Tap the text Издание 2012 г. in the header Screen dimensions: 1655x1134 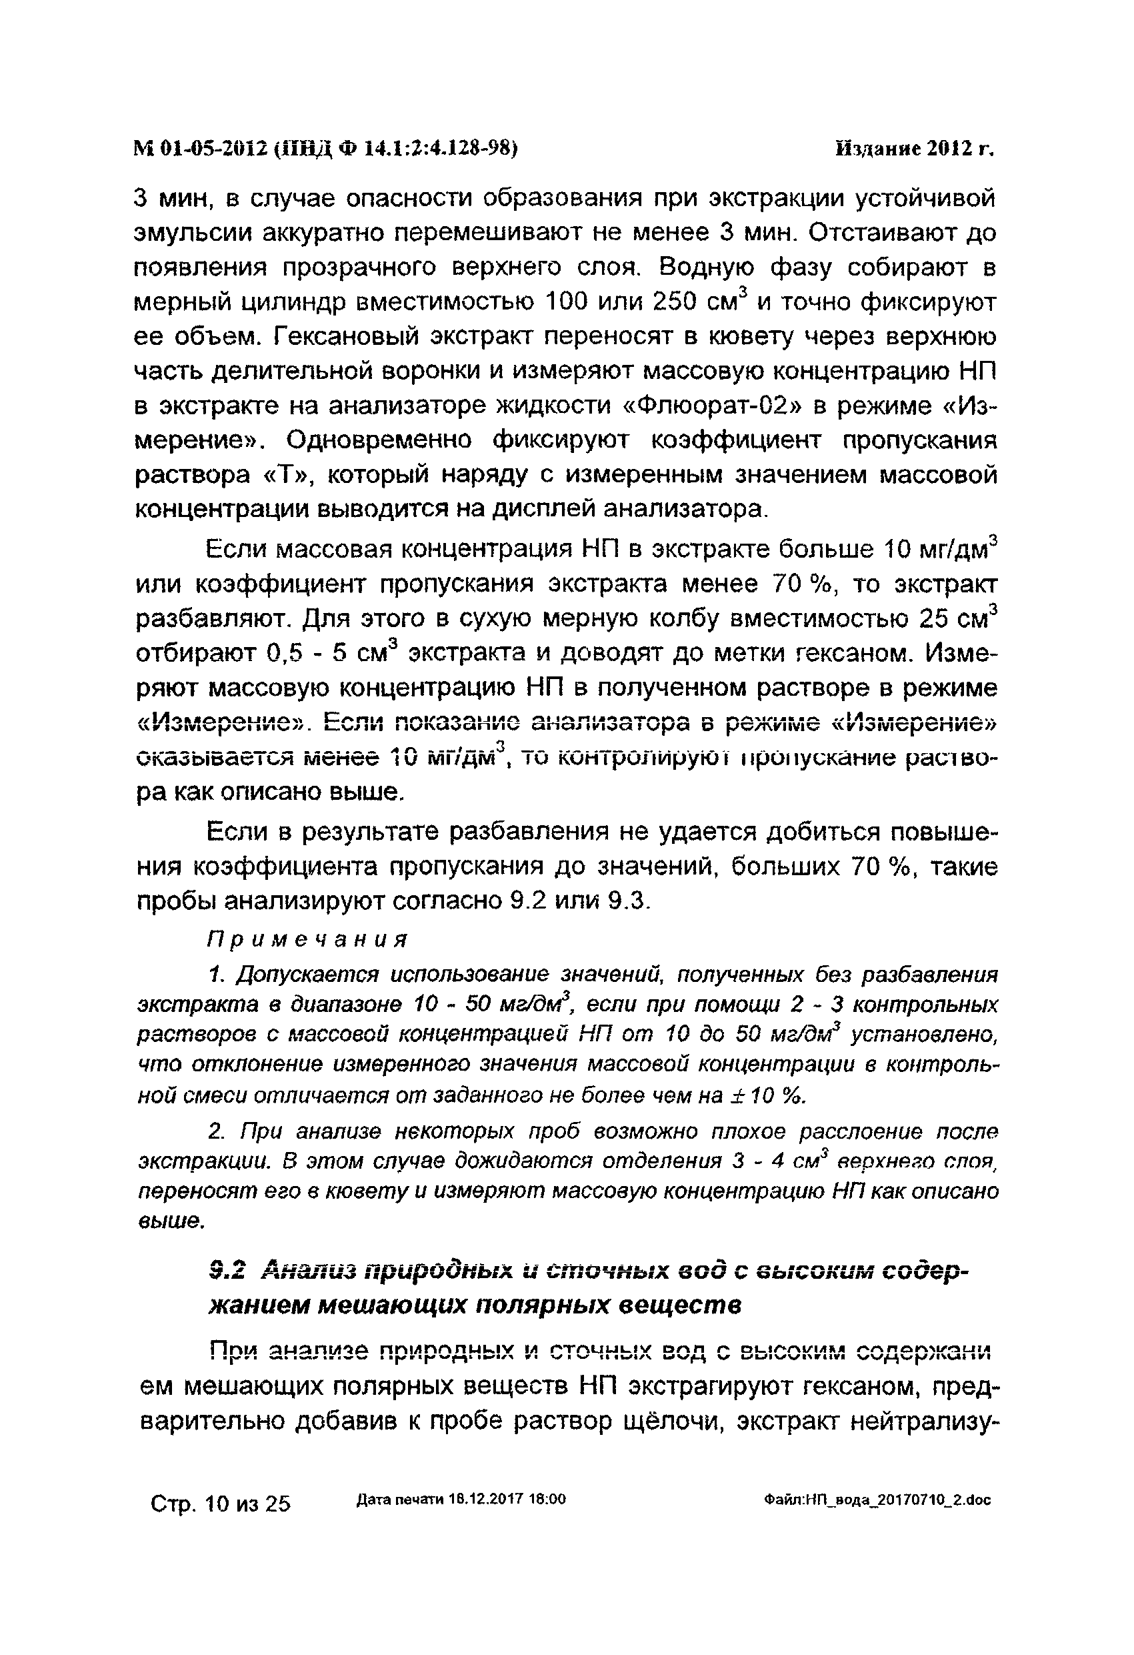pos(914,149)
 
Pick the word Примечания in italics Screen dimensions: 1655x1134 pos(307,940)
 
